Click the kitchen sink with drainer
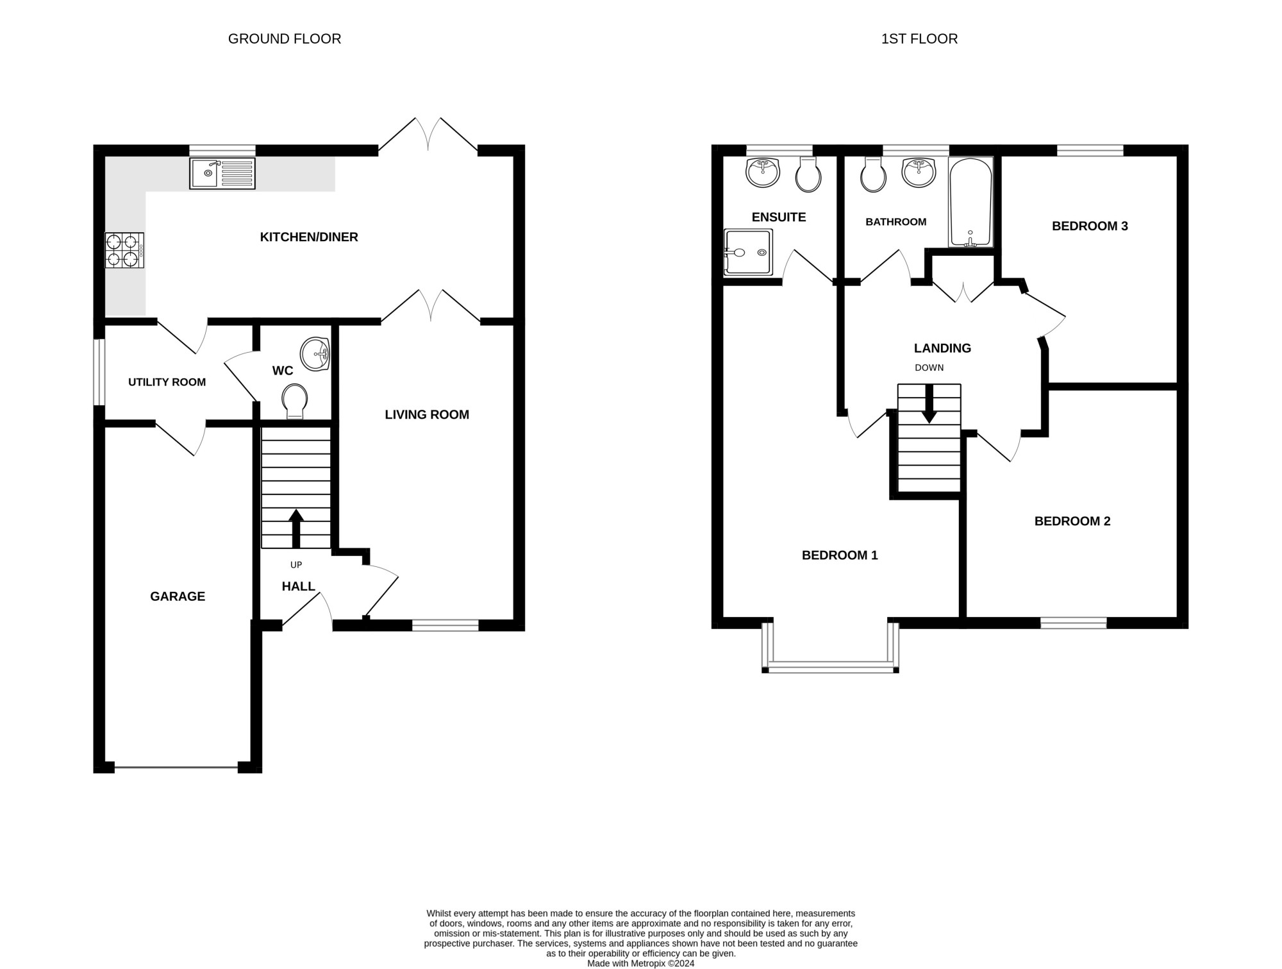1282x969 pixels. pos(222,173)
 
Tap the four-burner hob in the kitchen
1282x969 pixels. pos(124,250)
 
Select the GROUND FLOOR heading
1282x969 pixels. pos(285,38)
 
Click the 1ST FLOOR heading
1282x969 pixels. pos(919,38)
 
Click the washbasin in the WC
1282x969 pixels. pos(315,354)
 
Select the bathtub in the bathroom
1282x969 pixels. pos(970,202)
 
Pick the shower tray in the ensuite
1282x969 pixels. pos(748,253)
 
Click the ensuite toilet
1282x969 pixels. pos(808,174)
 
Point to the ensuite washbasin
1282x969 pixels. pos(763,173)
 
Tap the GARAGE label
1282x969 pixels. pos(178,596)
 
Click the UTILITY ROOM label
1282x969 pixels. pos(167,382)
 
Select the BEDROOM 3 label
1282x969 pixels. pos(1090,226)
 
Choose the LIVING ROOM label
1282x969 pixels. pos(427,415)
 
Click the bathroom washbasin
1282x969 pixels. pos(919,173)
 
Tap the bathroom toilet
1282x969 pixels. pos(873,174)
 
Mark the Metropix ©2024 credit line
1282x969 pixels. pos(641,963)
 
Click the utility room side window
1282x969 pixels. pos(99,372)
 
